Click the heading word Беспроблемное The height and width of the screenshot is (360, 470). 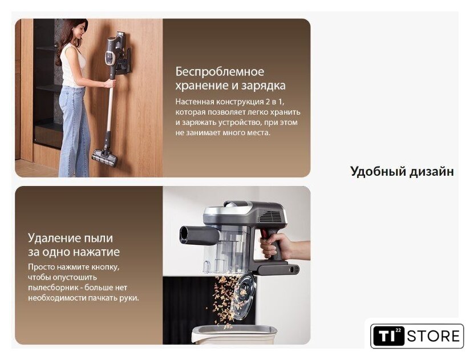[x=220, y=72]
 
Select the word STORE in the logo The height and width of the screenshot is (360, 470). [x=433, y=336]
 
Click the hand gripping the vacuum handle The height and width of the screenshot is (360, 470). [x=274, y=246]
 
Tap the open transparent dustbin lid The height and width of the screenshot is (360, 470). [x=243, y=296]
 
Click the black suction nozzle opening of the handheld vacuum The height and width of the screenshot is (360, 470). [x=184, y=234]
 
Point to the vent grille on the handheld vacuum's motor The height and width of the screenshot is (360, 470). [x=272, y=216]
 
